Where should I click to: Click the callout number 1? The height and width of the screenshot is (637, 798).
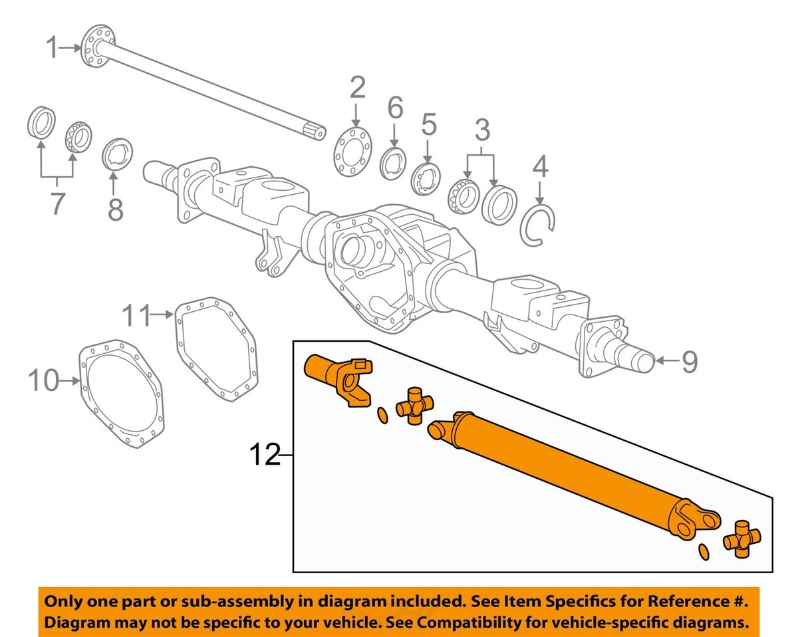click(53, 48)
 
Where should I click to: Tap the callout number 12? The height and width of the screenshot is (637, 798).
click(264, 455)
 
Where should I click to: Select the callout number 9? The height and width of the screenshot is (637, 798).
click(690, 362)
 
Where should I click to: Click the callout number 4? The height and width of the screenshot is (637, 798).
click(541, 166)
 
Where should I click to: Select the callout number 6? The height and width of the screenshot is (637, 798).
click(395, 106)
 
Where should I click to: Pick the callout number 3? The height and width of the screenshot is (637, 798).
click(481, 130)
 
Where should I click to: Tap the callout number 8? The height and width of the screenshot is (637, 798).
click(115, 209)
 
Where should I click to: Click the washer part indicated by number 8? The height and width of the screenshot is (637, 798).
click(118, 154)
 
